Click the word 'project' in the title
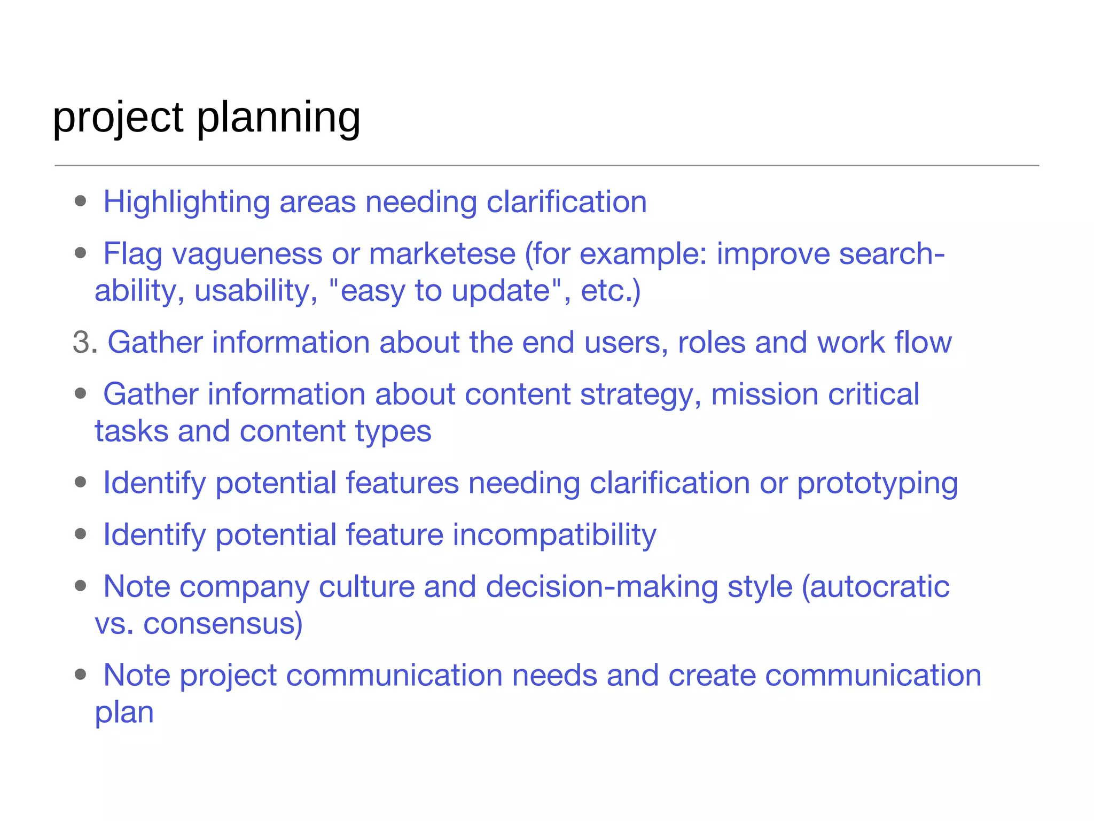pyautogui.click(x=118, y=118)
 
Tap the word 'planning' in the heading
pyautogui.click(x=278, y=118)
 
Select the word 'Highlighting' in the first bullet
pyautogui.click(x=186, y=203)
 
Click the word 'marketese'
pyautogui.click(x=442, y=254)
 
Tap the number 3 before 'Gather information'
pyautogui.click(x=81, y=343)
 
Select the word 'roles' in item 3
pyautogui.click(x=711, y=343)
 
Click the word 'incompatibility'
pyautogui.click(x=554, y=535)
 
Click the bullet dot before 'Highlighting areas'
pyautogui.click(x=81, y=202)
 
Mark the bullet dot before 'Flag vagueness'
pyautogui.click(x=81, y=253)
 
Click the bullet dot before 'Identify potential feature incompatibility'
pyautogui.click(x=81, y=534)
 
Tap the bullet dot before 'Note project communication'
pyautogui.click(x=81, y=675)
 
